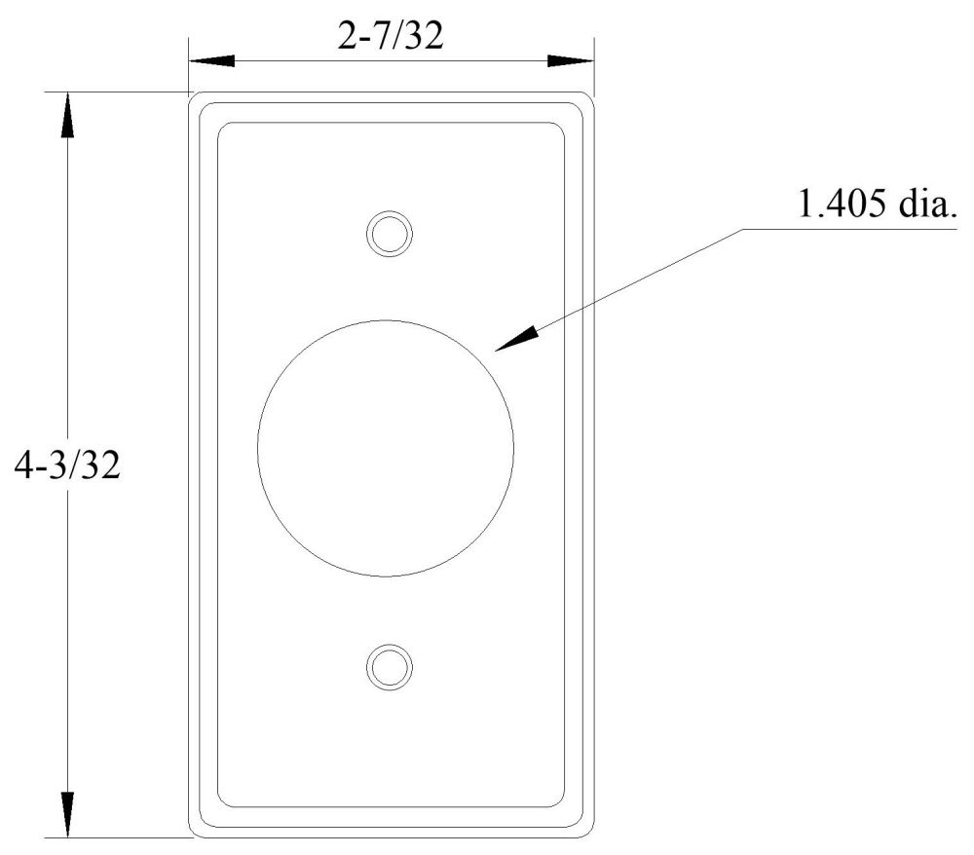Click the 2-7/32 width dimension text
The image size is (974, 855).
[391, 35]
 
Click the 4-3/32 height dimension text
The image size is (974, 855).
[67, 465]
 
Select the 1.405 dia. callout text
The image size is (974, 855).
[878, 203]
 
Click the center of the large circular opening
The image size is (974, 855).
[386, 448]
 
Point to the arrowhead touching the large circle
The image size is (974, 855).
[517, 340]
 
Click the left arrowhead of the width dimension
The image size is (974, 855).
[211, 60]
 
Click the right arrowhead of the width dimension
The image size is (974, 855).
[570, 60]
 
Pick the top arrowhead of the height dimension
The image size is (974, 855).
[67, 115]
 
